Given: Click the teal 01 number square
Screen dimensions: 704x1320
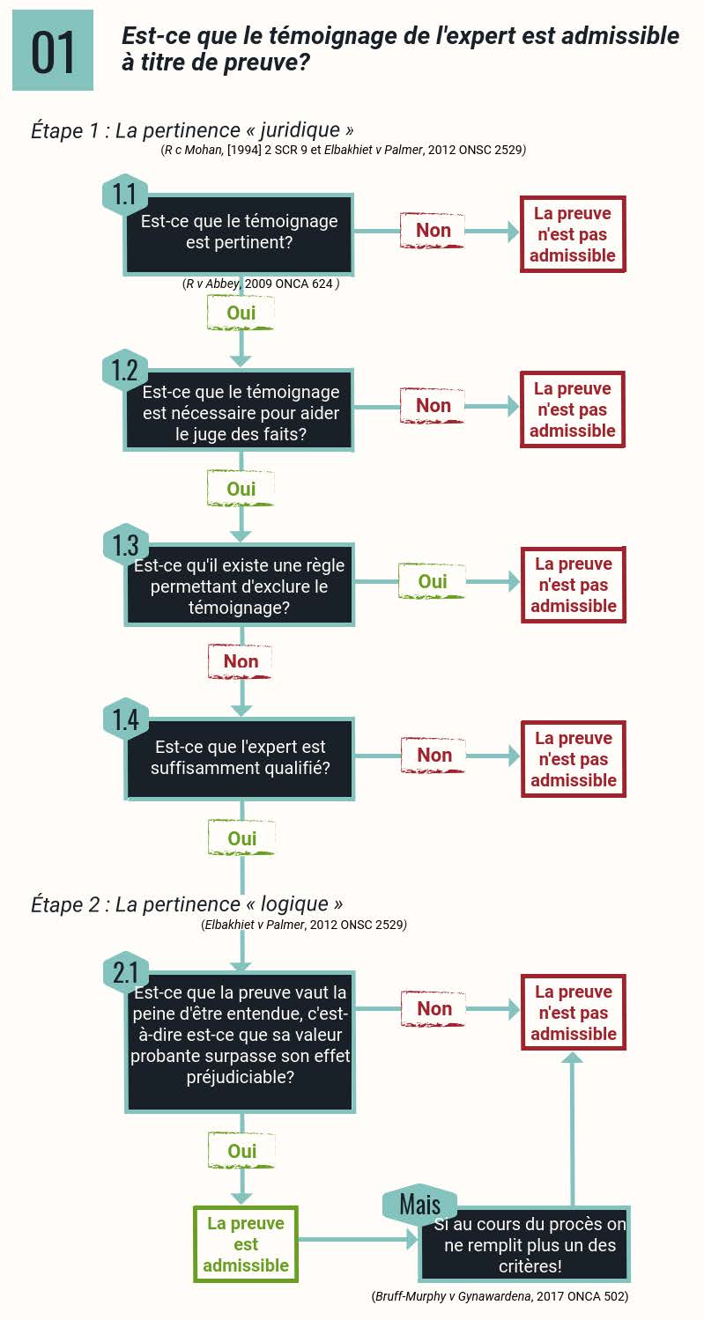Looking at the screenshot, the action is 53,50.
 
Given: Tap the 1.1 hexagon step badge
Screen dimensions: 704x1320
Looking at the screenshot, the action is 124,195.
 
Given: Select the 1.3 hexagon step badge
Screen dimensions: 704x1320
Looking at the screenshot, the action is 126,544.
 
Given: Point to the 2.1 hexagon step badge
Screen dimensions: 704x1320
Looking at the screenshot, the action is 126,972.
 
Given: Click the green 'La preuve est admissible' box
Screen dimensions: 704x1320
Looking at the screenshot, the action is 245,1244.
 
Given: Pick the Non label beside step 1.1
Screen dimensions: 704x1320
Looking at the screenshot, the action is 433,231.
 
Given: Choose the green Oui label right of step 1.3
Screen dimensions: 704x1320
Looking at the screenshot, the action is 433,581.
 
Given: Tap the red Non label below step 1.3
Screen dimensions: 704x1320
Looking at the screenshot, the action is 241,661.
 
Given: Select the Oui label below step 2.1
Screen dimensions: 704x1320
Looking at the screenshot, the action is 241,1150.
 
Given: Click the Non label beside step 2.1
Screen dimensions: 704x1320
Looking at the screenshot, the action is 434,1009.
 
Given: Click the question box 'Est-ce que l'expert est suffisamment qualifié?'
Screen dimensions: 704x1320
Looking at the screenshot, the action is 240,758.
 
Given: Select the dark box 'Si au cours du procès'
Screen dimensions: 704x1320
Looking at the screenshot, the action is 524,1244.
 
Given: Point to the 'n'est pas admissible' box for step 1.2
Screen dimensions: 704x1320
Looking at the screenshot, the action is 573,409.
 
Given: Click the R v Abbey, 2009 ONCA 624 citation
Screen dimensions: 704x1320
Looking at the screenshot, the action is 261,284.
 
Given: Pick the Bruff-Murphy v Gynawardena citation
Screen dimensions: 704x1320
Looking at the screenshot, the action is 500,1296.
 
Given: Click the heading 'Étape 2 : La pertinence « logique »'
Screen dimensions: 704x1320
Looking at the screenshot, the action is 187,904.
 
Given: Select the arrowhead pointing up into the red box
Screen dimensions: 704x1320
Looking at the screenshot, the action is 573,1058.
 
